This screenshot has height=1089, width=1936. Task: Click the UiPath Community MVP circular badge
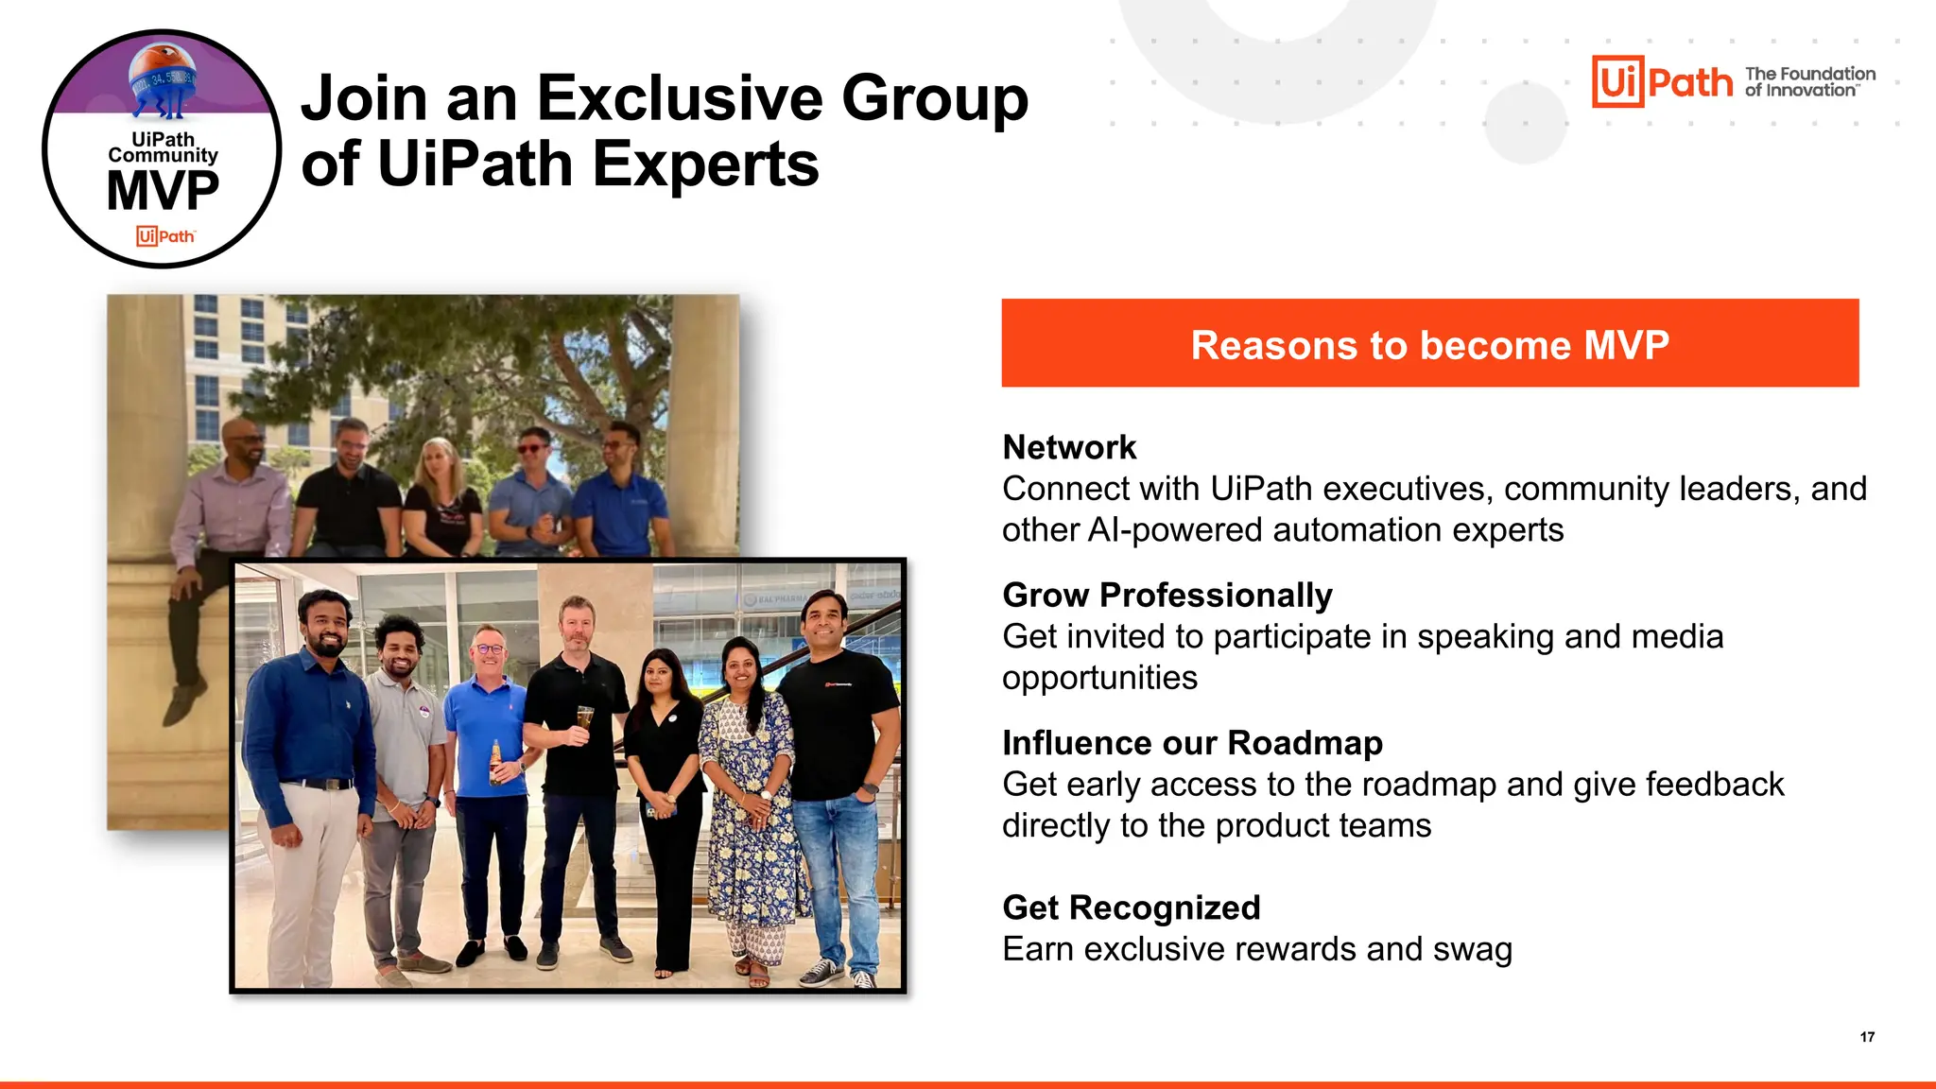point(162,149)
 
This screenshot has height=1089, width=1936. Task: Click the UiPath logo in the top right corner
point(1662,81)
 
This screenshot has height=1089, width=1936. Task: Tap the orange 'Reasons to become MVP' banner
point(1429,343)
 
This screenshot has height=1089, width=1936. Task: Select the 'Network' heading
point(1069,447)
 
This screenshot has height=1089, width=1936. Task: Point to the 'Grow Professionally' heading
point(1167,595)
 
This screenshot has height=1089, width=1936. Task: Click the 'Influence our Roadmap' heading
point(1192,743)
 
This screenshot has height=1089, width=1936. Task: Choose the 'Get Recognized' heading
point(1132,907)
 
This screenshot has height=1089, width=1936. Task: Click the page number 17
point(1867,1037)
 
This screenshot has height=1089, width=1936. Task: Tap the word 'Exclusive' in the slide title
point(681,98)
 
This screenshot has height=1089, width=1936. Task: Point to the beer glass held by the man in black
point(584,720)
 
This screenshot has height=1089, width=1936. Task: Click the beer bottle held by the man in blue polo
point(495,762)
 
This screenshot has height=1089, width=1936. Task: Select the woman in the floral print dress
point(752,794)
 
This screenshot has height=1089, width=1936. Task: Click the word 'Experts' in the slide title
point(705,164)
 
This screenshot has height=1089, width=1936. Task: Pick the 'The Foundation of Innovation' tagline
point(1809,81)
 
